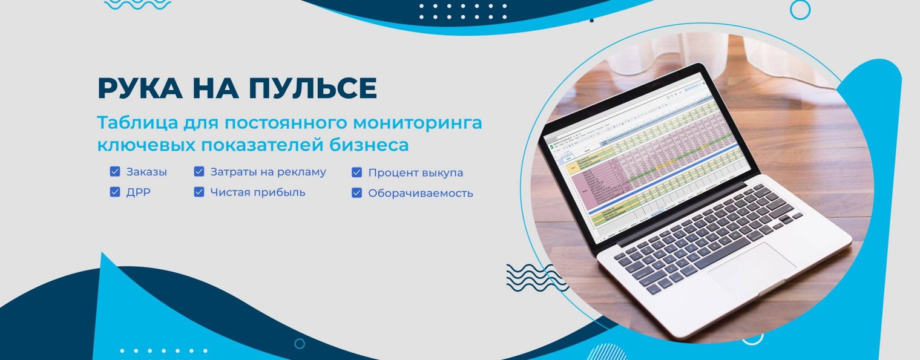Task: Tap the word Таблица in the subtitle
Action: point(137,123)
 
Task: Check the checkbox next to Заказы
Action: point(115,172)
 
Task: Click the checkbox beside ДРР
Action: point(115,192)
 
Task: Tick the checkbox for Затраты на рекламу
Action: point(199,172)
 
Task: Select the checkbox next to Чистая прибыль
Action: point(199,192)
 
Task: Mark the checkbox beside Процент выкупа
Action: point(357,172)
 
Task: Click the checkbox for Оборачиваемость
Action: point(357,194)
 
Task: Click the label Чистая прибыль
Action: point(258,192)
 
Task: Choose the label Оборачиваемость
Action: point(421,194)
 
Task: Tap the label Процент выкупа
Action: point(416,172)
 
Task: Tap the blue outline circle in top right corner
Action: point(800,10)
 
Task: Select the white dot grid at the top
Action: point(464,11)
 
